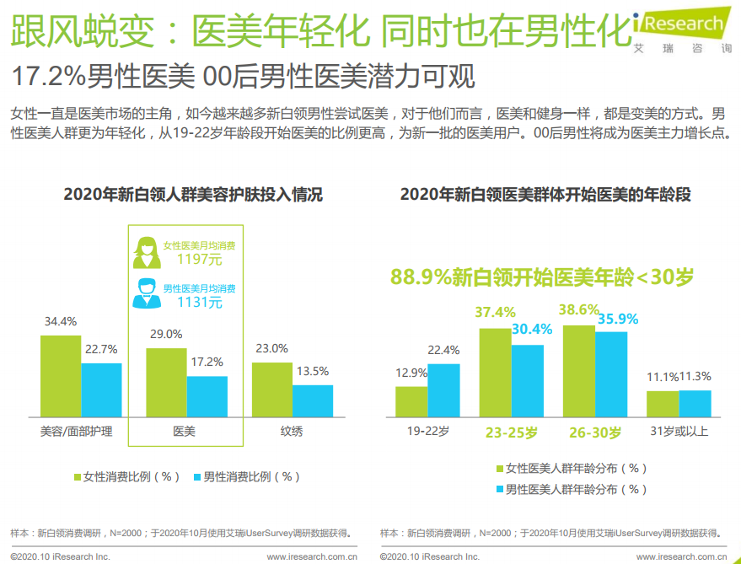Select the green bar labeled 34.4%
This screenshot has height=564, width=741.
(x=61, y=376)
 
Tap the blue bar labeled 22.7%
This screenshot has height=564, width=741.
(x=101, y=389)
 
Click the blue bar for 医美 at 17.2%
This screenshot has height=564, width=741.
(x=207, y=396)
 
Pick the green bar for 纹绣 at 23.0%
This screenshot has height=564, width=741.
(x=272, y=389)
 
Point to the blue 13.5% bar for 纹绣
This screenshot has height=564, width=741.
(x=313, y=401)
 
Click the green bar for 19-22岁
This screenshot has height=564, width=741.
(x=411, y=401)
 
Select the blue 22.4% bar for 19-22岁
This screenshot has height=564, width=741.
(x=443, y=390)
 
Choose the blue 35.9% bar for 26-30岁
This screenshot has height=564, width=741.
(x=611, y=374)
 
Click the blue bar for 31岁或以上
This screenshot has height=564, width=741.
(x=695, y=403)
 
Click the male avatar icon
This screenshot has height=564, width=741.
(x=147, y=292)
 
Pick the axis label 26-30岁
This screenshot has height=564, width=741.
(x=595, y=432)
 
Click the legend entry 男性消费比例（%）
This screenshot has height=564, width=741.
(x=247, y=476)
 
